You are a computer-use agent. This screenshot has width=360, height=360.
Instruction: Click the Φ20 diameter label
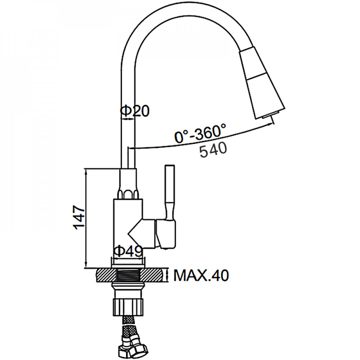(135, 111)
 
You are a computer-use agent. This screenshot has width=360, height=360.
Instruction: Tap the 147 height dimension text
(79, 217)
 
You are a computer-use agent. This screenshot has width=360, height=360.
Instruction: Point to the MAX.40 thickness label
(201, 275)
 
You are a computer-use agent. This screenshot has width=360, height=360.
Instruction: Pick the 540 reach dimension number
(213, 150)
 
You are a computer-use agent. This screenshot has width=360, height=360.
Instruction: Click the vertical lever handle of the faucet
(170, 192)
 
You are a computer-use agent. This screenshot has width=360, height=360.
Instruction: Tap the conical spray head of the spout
(262, 82)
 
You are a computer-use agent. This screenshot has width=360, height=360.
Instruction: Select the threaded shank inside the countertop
(128, 275)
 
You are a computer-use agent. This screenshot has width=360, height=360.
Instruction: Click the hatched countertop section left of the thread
(107, 275)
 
